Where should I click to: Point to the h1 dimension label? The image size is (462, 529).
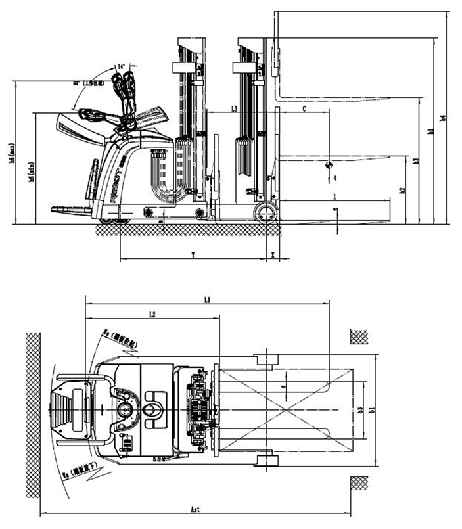click(x=430, y=131)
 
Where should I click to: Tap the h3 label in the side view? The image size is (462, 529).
click(x=415, y=160)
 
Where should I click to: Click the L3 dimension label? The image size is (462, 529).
click(x=235, y=108)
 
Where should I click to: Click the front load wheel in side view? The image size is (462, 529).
click(x=266, y=213)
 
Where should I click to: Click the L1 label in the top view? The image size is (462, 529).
click(x=206, y=300)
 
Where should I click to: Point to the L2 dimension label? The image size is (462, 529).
click(x=152, y=315)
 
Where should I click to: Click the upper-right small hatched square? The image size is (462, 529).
click(x=358, y=334)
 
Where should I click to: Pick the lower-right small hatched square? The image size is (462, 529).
click(x=358, y=483)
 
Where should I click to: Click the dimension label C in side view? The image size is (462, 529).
click(x=304, y=108)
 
